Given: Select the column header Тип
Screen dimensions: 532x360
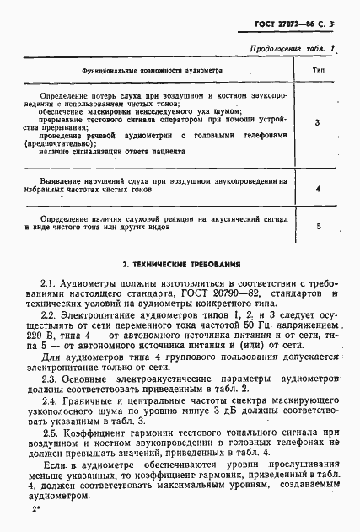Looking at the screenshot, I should click(320, 71).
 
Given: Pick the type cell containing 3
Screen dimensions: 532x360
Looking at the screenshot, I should click(317, 124).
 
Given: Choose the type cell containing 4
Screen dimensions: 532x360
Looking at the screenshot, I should click(317, 189).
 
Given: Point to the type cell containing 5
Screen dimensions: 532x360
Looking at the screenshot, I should click(318, 226).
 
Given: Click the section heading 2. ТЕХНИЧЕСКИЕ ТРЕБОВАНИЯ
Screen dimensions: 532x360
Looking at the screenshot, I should click(180, 262).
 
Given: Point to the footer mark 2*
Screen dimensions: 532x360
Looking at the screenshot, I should click(35, 511).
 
